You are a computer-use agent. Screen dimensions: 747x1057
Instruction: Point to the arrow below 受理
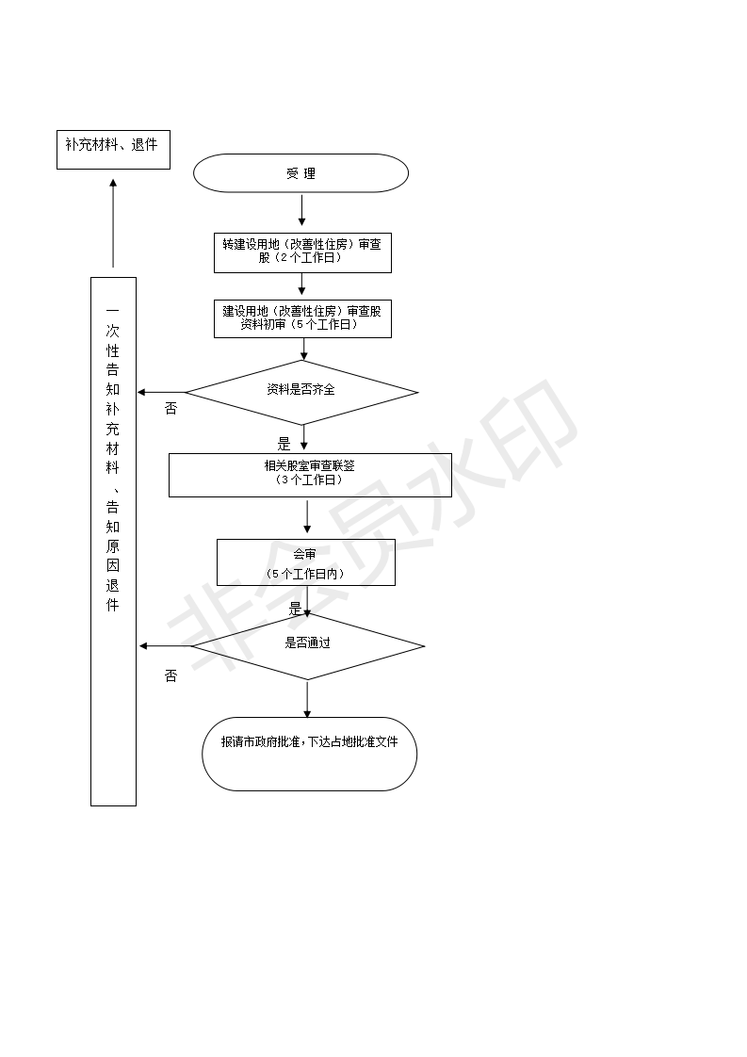(301, 210)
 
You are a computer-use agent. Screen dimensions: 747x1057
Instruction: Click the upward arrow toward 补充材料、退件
(113, 223)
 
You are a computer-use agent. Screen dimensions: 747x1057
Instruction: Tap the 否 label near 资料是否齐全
(171, 409)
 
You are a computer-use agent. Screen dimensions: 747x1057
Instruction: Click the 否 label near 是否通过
(171, 675)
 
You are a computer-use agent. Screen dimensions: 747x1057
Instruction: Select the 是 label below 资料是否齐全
(284, 445)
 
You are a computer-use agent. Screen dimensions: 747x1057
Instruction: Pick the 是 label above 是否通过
(295, 609)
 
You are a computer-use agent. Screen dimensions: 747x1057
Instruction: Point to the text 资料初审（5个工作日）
(300, 324)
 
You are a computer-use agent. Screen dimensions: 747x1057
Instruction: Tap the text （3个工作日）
(309, 480)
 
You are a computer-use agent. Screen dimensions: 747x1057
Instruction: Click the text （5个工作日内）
(305, 575)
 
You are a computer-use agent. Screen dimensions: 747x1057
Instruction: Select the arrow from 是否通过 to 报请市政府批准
(307, 699)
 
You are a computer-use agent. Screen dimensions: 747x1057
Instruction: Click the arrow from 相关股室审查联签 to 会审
(307, 515)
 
